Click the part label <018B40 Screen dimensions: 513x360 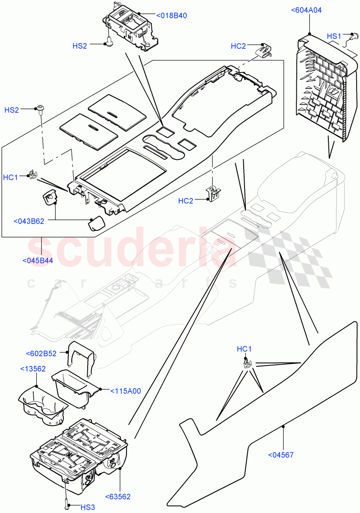(171, 16)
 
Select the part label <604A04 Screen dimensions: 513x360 (310, 10)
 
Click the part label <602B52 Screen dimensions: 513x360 (41, 354)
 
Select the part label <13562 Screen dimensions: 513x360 (33, 369)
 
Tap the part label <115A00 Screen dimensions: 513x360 (126, 391)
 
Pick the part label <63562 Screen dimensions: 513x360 (118, 496)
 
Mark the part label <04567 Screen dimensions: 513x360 (281, 454)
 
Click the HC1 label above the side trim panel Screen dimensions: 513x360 (244, 349)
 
